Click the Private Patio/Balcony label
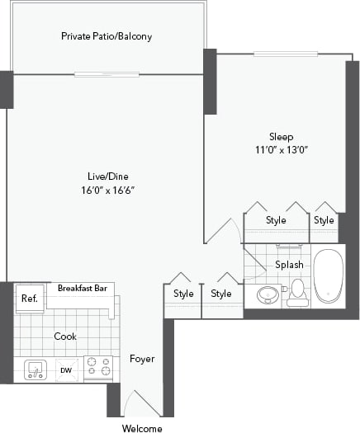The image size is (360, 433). click(x=107, y=36)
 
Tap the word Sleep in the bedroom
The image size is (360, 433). click(x=281, y=136)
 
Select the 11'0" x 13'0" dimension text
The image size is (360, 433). click(x=281, y=150)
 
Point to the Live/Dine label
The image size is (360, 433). click(x=108, y=176)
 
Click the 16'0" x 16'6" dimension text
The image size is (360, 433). click(x=108, y=190)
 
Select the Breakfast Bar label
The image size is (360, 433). click(x=84, y=288)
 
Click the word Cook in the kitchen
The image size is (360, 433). click(x=65, y=337)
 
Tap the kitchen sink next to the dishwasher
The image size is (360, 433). click(x=35, y=369)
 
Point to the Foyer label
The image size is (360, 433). click(x=142, y=359)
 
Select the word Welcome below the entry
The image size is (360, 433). click(x=142, y=428)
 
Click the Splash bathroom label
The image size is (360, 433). click(x=289, y=265)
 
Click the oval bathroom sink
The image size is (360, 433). click(x=268, y=294)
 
